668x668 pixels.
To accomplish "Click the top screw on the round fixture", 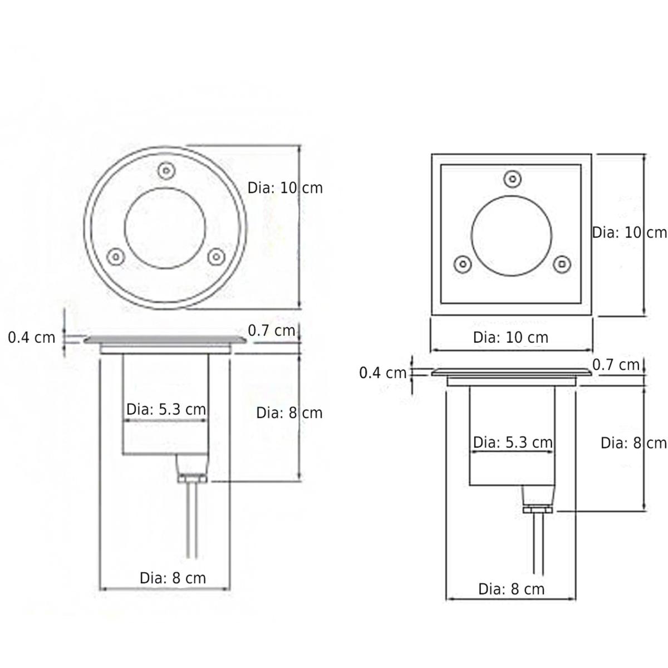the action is [166, 170].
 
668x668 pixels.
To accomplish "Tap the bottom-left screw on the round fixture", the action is [116, 257].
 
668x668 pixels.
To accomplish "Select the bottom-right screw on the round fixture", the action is [217, 257].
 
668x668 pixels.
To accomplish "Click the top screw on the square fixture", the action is [513, 179].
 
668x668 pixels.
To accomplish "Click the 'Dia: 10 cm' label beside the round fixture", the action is [285, 188].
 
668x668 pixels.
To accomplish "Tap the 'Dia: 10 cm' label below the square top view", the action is [510, 338].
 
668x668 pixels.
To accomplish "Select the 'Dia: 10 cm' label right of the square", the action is [629, 233].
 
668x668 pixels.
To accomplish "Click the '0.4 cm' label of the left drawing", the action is [32, 338].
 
